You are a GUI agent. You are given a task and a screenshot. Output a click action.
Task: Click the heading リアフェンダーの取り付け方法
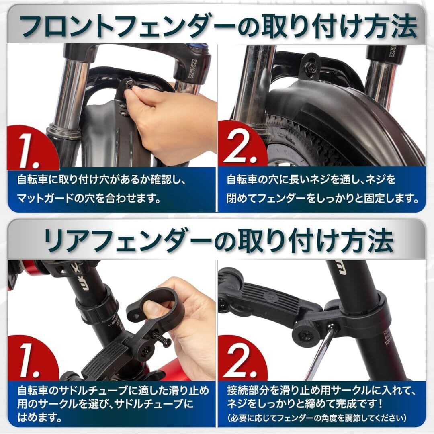coord(219,241)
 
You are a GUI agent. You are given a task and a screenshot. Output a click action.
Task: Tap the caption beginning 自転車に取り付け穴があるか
coord(101,189)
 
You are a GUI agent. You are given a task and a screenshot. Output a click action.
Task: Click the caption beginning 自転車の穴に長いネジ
coord(323,189)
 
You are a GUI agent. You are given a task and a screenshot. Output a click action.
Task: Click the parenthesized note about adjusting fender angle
coord(317,418)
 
